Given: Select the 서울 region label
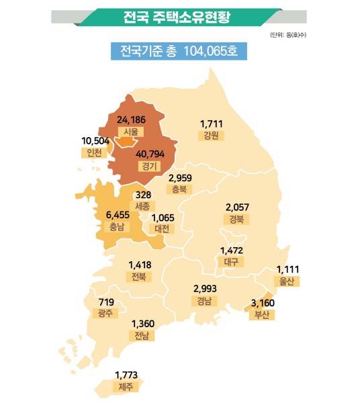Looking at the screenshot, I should pos(130,132).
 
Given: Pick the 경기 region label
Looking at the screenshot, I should pos(150,166).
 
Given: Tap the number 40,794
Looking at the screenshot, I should pos(150,154).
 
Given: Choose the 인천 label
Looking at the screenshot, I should pos(95,152).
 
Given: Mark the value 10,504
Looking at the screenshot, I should pos(95,140).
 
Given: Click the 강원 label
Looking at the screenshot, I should pos(211,136).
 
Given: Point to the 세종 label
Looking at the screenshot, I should pos(144,206).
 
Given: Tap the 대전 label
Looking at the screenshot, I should pos(162,229).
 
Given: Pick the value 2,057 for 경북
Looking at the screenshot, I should pos(238,207).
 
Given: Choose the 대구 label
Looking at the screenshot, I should pos(232,263).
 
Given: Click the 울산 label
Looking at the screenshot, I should pos(287,281).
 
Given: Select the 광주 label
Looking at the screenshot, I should pos(105,313).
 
